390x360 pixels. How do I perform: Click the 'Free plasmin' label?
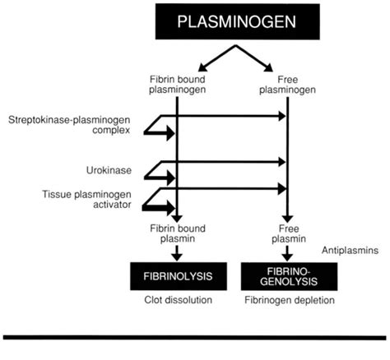[x=286, y=232]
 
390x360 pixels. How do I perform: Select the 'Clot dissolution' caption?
[x=177, y=300]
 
